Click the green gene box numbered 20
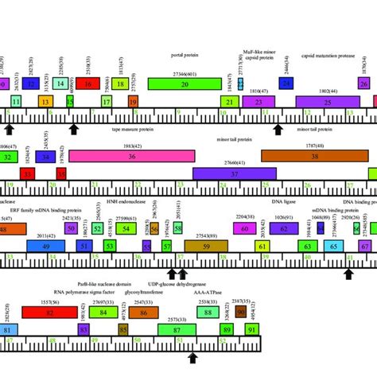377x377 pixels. coord(184,84)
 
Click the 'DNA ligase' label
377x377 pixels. coord(283,202)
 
